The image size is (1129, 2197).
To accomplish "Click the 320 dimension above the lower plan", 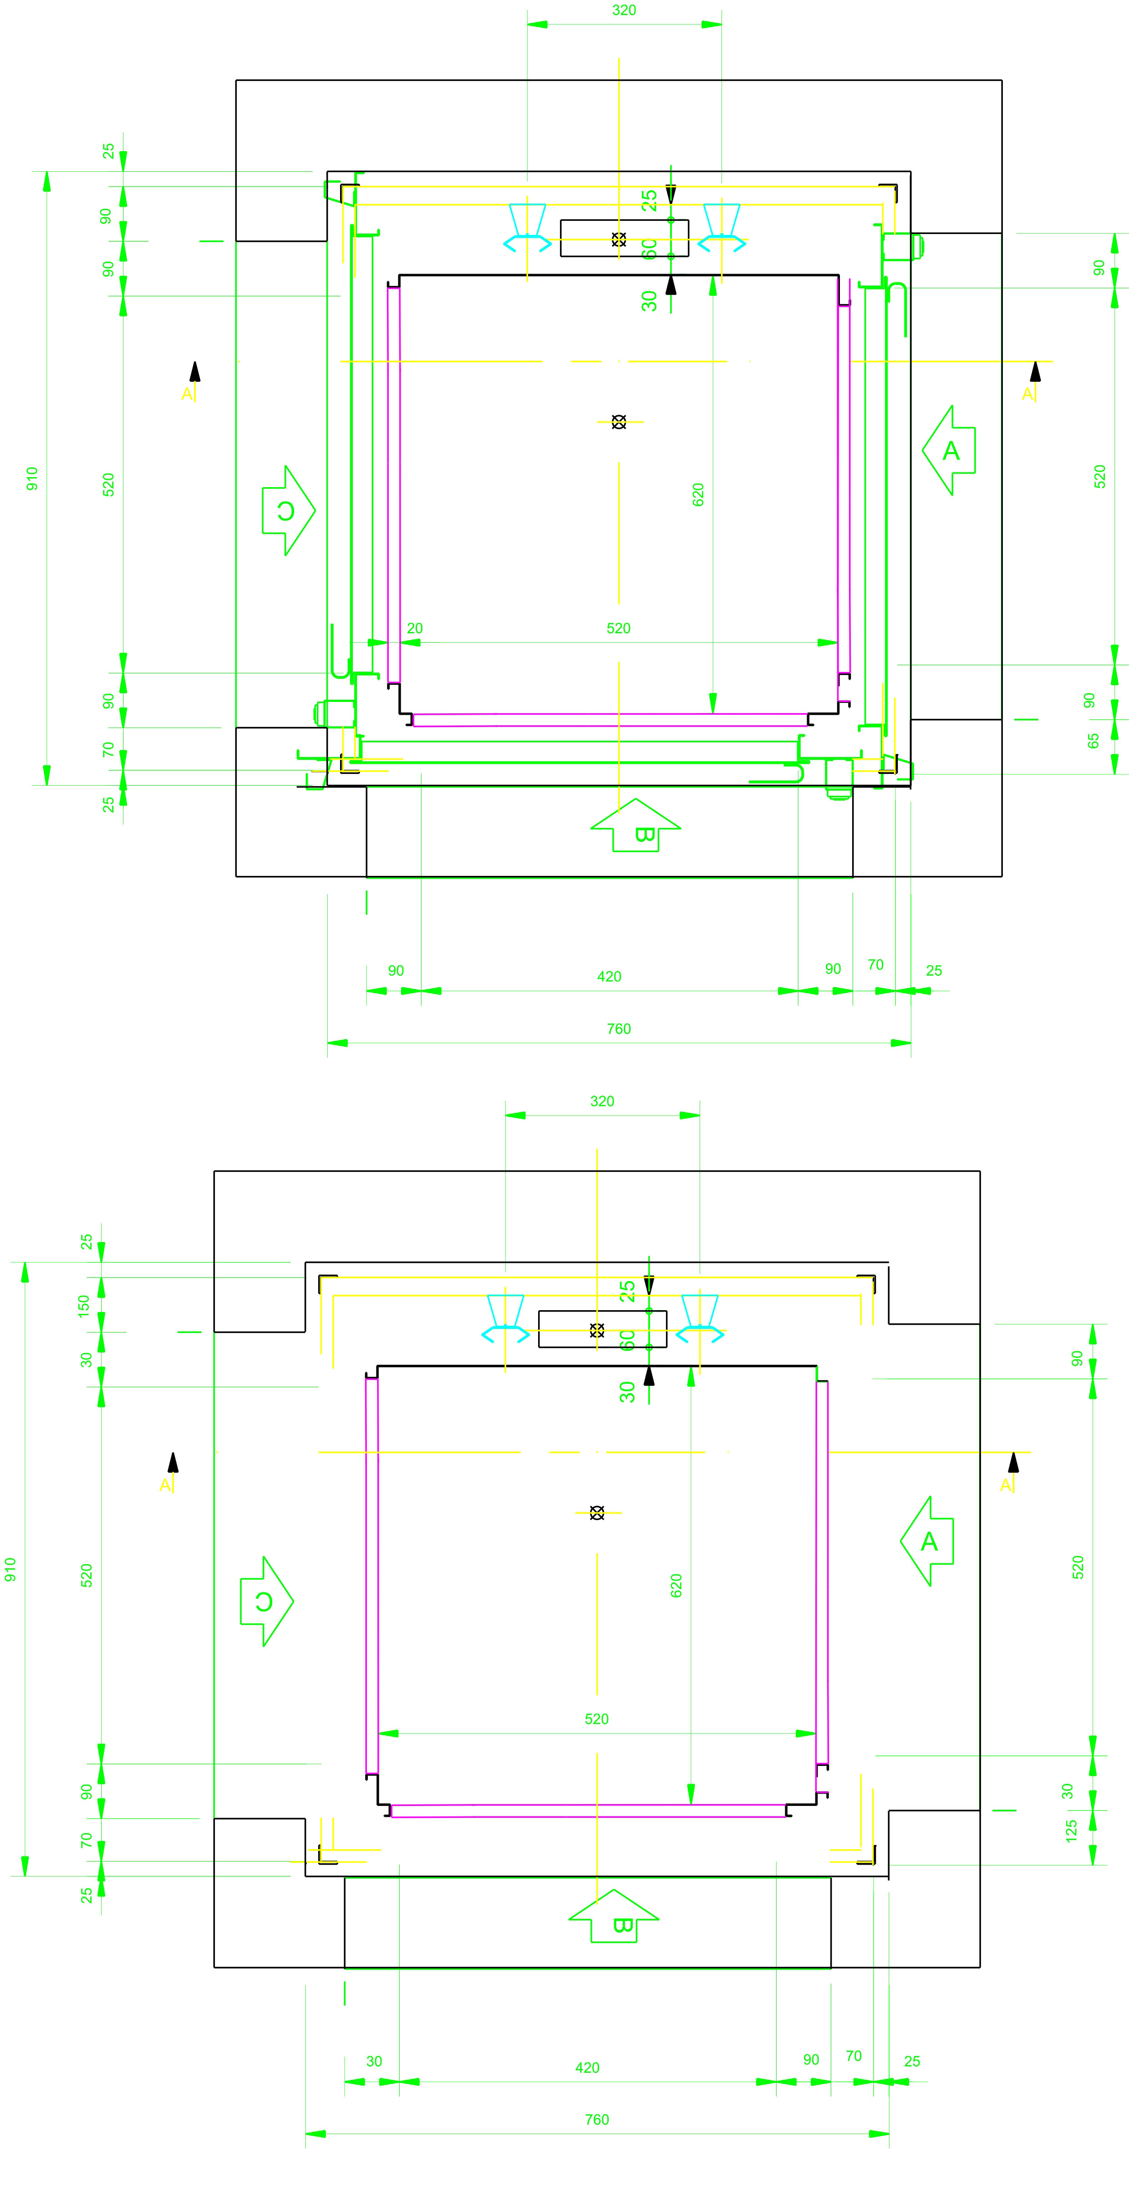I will pos(602,1101).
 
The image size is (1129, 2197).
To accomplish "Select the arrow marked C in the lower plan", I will pos(266,1601).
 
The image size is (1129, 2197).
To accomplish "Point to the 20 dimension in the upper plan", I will pos(414,629).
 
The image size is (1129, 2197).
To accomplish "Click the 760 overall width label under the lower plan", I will pos(597,2120).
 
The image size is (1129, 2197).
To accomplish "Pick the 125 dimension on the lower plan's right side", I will pos(1071,1831).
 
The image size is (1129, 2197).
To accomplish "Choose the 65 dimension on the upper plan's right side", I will pos(1093,741).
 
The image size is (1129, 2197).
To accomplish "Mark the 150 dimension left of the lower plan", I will pos(84,1305).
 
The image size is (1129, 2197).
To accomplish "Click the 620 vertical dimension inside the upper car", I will pos(698,495).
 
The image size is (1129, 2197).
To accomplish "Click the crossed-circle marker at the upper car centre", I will pos(619,421).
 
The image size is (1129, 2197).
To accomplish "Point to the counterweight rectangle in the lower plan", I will pos(602,1329).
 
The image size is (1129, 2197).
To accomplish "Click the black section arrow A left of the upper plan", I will pos(194,372).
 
